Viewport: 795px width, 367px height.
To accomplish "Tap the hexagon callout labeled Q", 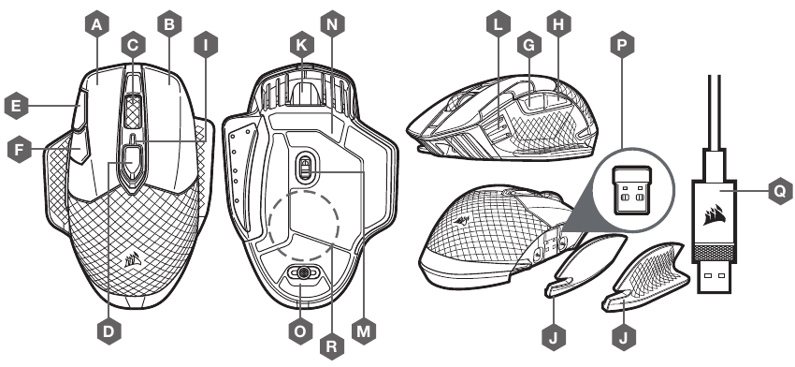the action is [x=780, y=191].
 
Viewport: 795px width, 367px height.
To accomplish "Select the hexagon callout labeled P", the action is [x=623, y=46].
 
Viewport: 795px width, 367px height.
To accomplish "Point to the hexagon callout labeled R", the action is [x=332, y=346].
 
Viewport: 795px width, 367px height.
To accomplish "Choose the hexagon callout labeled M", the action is [x=364, y=331].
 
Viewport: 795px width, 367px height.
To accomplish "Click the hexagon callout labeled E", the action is [x=16, y=106].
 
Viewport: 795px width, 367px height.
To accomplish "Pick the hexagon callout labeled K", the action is [x=302, y=46].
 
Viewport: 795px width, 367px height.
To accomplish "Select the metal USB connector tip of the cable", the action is [x=715, y=278].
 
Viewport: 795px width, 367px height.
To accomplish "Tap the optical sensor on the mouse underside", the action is [x=303, y=166].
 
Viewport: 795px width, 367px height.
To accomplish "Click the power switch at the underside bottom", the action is [x=303, y=273].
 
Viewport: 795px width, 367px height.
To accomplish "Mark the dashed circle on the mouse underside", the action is [x=304, y=225].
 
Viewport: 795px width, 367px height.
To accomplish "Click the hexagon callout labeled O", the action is [x=300, y=331].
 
